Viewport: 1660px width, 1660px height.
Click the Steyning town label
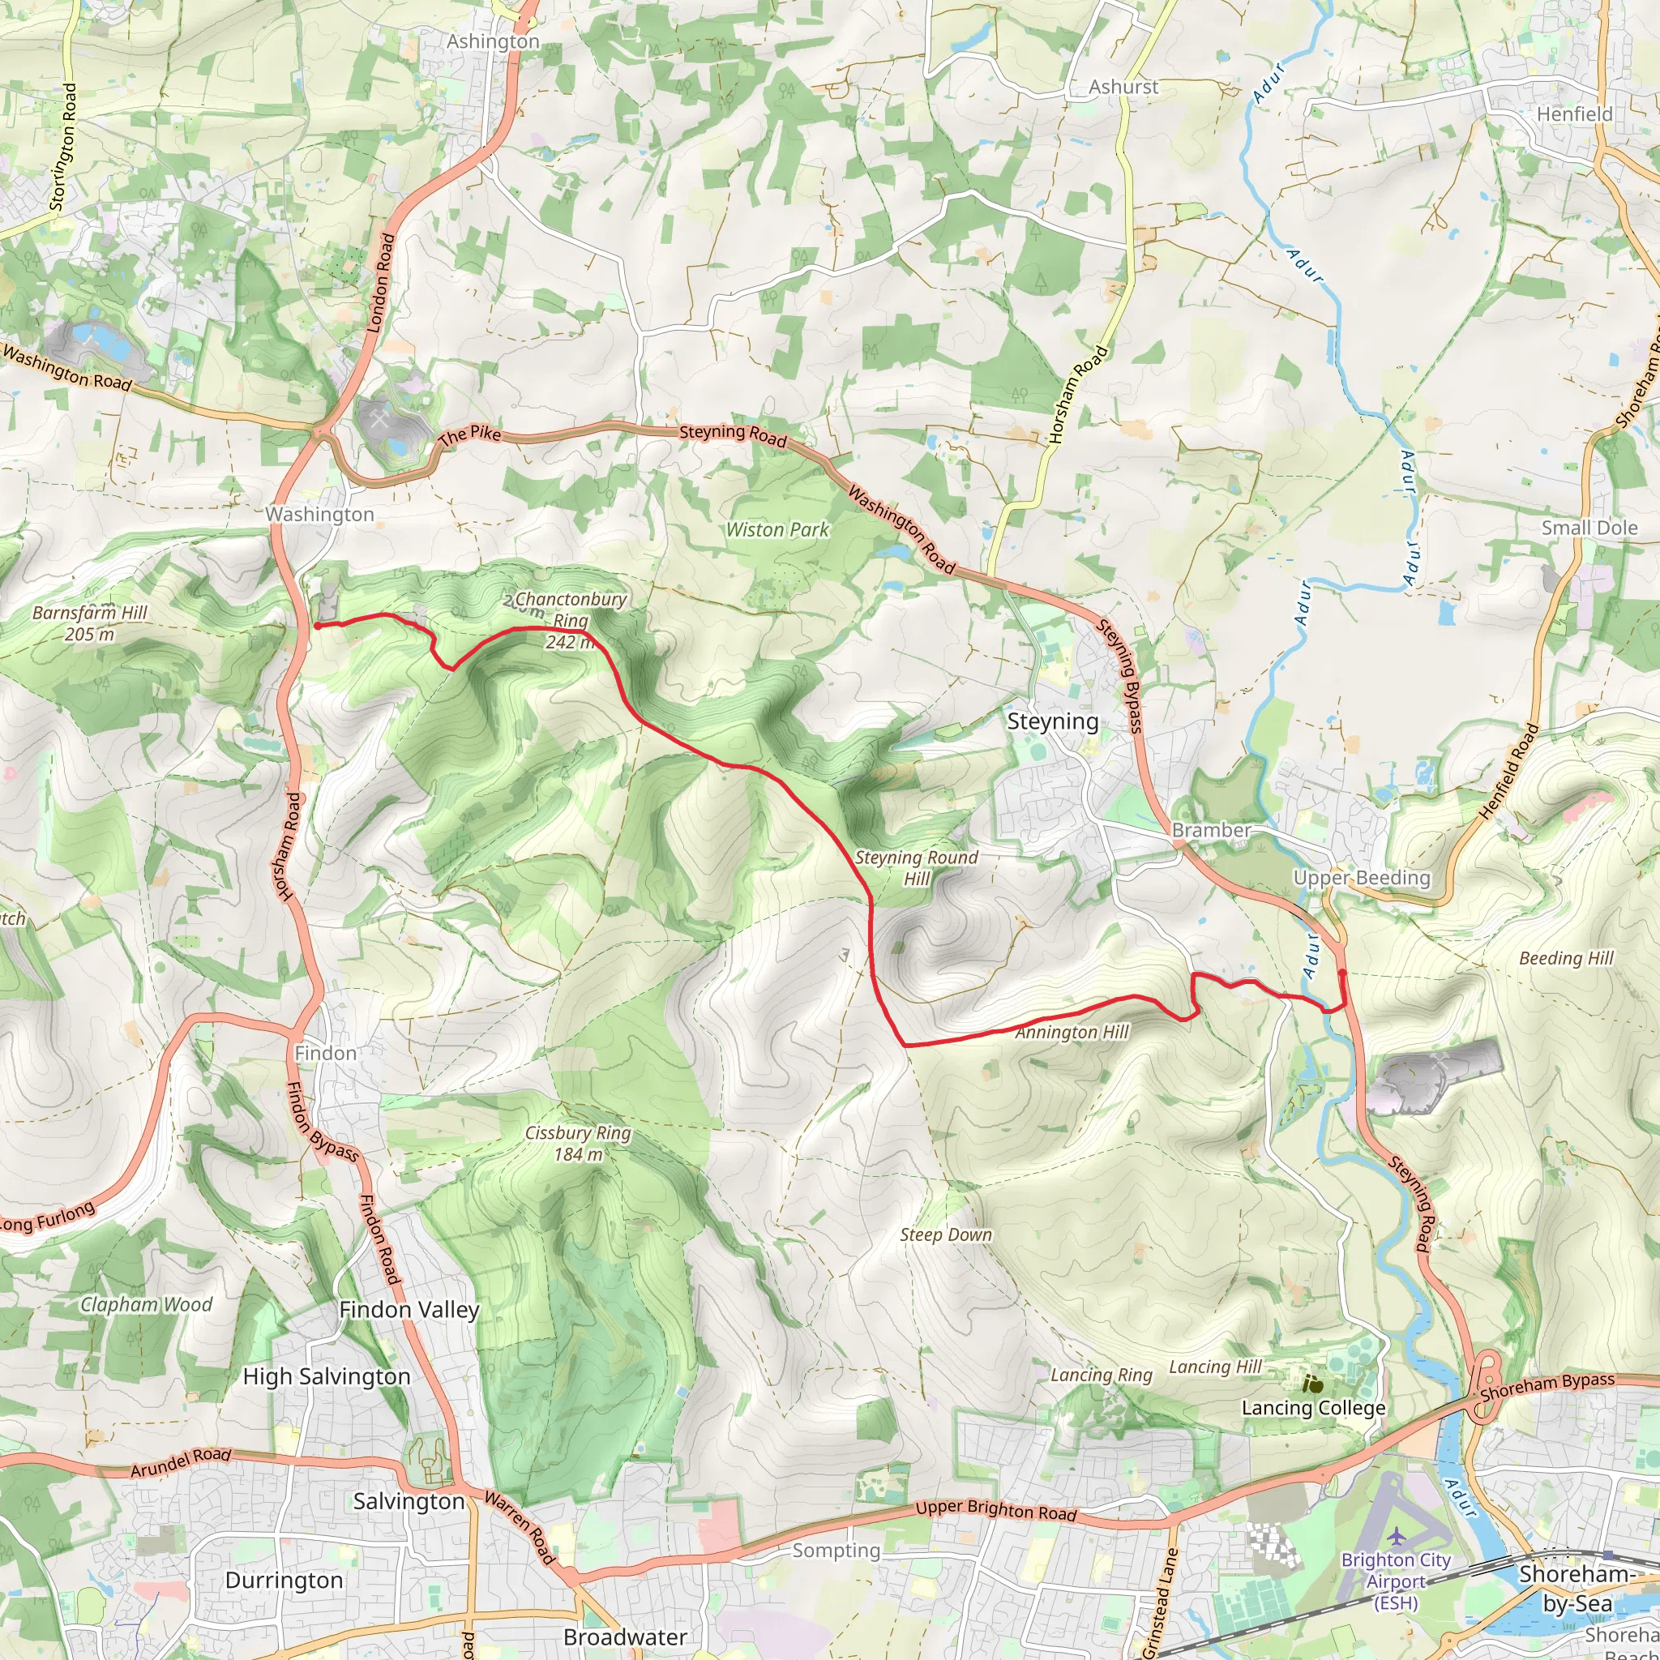pyautogui.click(x=1053, y=721)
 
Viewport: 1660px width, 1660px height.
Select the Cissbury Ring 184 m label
pyautogui.click(x=578, y=1144)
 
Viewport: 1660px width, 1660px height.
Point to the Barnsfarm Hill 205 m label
pyautogui.click(x=90, y=623)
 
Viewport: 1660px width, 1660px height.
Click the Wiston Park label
pyautogui.click(x=777, y=530)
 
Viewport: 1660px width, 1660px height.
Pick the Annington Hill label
pyautogui.click(x=1072, y=1033)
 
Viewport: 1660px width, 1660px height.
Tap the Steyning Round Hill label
pyautogui.click(x=916, y=868)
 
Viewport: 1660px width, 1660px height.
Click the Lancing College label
pyautogui.click(x=1314, y=1407)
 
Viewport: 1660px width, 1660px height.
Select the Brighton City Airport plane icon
pyautogui.click(x=1397, y=1534)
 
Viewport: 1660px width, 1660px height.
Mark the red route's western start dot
pyautogui.click(x=317, y=627)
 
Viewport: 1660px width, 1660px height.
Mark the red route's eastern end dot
pyautogui.click(x=1342, y=973)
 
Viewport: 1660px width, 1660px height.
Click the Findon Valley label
pyautogui.click(x=409, y=1310)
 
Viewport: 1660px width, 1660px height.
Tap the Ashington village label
pyautogui.click(x=493, y=41)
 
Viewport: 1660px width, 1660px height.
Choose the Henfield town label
pyautogui.click(x=1575, y=114)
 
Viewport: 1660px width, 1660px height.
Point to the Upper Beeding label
pyautogui.click(x=1362, y=877)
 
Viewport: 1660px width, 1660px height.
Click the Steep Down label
pyautogui.click(x=946, y=1234)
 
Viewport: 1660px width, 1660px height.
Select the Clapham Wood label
pyautogui.click(x=146, y=1304)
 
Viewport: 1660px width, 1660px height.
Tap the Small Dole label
pyautogui.click(x=1589, y=528)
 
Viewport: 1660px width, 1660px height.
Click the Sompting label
pyautogui.click(x=836, y=1550)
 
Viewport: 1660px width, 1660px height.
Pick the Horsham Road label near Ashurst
pyautogui.click(x=1078, y=395)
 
